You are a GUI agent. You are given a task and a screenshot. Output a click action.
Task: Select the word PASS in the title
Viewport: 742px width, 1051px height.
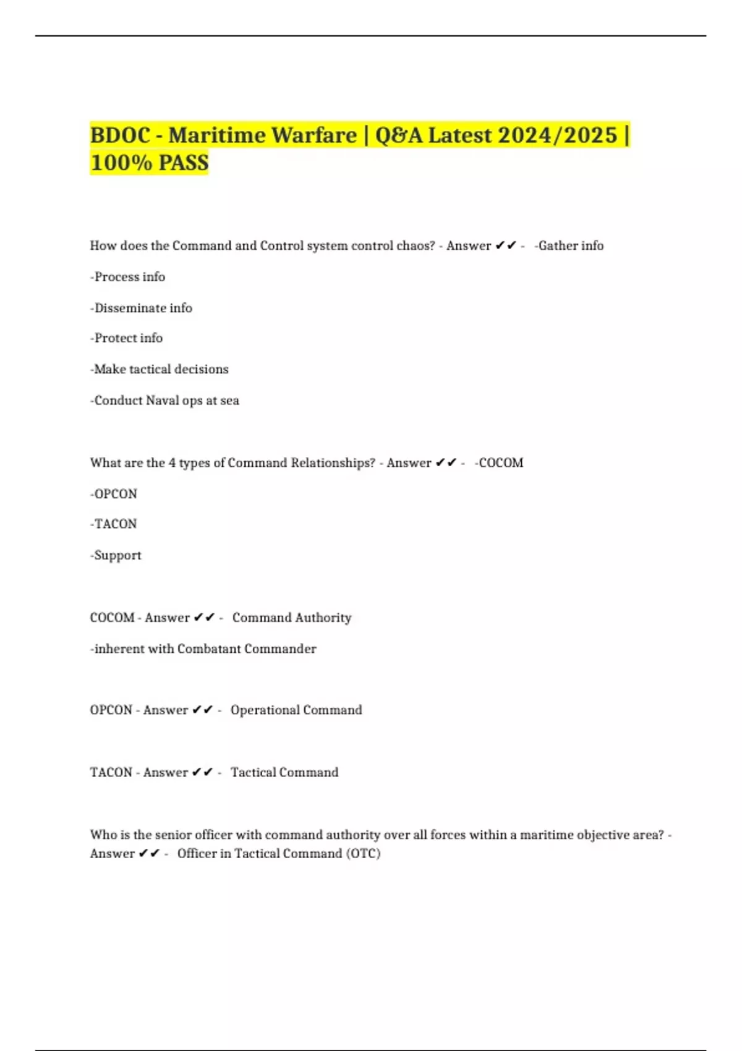(x=184, y=163)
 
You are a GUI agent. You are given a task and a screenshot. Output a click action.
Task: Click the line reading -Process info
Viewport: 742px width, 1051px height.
(x=127, y=277)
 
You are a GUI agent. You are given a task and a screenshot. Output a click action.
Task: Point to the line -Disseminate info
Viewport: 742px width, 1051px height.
(x=141, y=308)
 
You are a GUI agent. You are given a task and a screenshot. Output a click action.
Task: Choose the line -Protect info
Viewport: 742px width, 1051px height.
(x=126, y=338)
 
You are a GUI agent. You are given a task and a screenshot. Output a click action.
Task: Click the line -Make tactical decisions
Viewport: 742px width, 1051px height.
(x=159, y=369)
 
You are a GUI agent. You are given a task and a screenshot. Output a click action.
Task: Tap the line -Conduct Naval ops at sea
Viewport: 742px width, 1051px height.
(x=164, y=401)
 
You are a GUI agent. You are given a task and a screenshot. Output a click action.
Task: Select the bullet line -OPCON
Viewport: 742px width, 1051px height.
(x=113, y=494)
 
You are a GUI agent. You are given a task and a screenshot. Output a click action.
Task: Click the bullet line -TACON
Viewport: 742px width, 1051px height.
(x=113, y=524)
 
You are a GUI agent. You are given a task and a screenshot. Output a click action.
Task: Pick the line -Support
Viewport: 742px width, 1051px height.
(x=116, y=555)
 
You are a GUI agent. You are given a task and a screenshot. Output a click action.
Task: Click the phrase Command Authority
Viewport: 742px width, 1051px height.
(x=292, y=618)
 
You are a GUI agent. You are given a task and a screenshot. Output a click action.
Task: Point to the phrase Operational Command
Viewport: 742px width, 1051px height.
(x=296, y=710)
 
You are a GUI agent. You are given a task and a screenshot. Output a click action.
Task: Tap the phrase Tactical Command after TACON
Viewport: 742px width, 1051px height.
(x=284, y=773)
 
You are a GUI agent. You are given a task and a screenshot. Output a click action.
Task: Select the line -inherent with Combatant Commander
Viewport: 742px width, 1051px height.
(x=203, y=649)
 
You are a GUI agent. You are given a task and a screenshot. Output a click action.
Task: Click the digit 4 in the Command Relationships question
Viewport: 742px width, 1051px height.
(x=172, y=463)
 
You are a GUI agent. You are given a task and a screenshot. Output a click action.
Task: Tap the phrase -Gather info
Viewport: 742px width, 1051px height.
(x=569, y=246)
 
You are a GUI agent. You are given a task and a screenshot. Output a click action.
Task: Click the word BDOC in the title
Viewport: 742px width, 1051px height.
(x=120, y=135)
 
